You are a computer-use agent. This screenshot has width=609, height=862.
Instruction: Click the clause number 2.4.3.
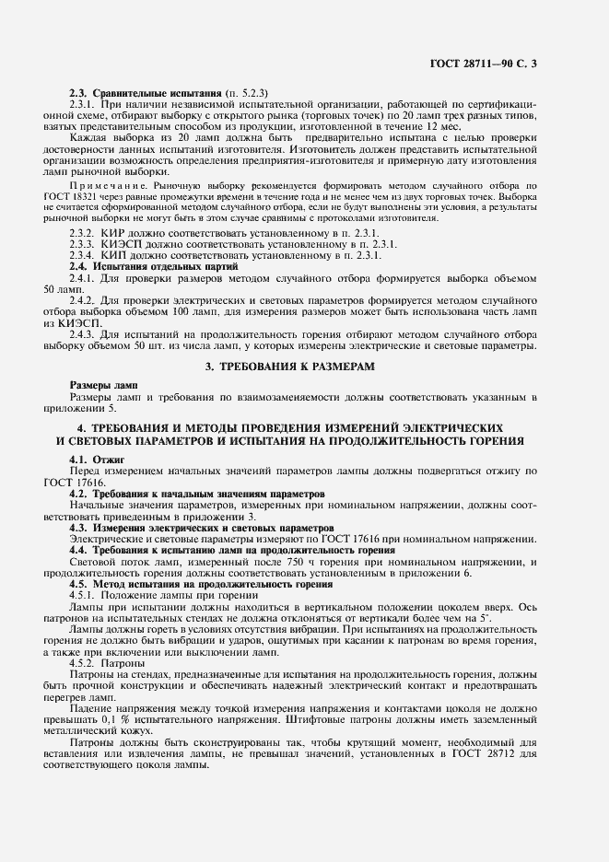pyautogui.click(x=84, y=334)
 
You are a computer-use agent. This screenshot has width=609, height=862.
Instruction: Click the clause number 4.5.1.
pyautogui.click(x=84, y=595)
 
